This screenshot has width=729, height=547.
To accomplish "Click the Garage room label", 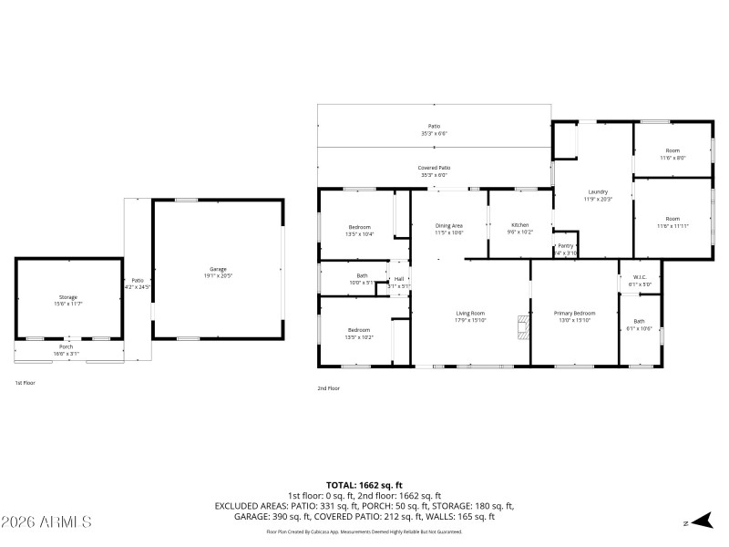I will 218,269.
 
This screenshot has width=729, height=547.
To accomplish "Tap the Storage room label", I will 68,297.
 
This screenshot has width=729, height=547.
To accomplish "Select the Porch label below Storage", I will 66,346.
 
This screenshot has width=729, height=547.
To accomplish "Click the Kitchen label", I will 519,224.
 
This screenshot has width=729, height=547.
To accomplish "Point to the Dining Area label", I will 448,225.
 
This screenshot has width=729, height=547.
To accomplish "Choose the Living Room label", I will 470,313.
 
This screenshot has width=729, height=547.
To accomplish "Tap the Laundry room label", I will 598,191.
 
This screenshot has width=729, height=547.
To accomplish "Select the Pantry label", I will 566,245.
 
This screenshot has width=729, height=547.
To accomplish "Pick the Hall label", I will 399,279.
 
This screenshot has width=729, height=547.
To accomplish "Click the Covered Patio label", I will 434,168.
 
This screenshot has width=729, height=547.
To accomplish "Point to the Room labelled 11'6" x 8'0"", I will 673,150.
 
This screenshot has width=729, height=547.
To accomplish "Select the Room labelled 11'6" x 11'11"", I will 673,219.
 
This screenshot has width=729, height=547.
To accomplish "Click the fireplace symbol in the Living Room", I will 522,327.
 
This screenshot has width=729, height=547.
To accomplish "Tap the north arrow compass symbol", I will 699,521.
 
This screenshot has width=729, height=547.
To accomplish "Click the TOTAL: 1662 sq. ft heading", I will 364,485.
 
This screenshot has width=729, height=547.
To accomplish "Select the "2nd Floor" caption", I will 328,388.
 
